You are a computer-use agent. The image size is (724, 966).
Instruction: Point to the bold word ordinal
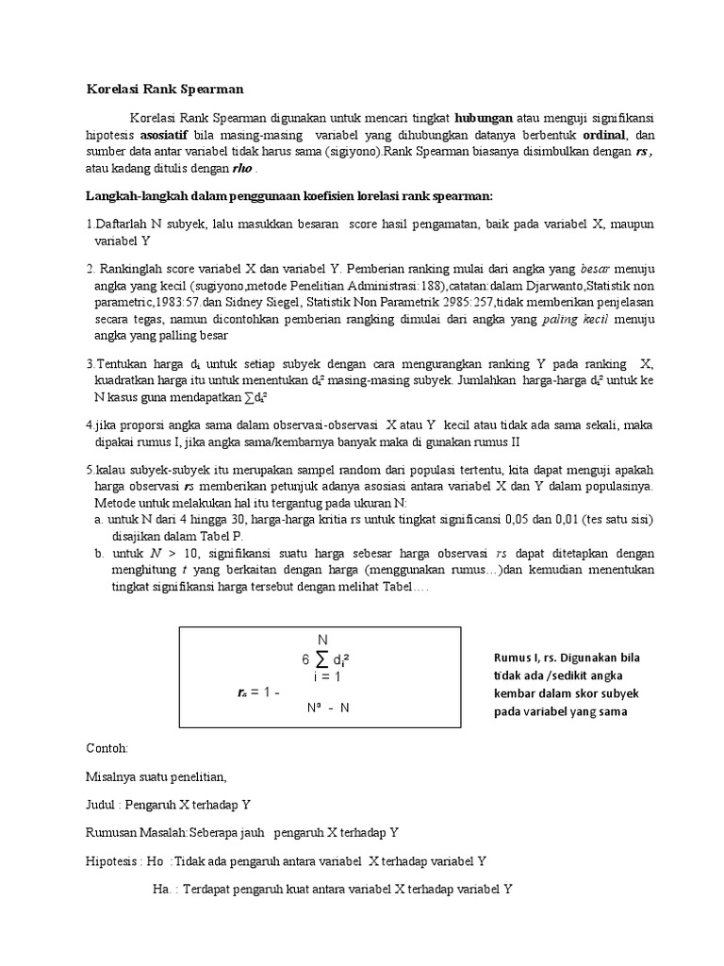coord(605,135)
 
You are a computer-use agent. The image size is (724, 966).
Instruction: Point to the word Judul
coord(102,805)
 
